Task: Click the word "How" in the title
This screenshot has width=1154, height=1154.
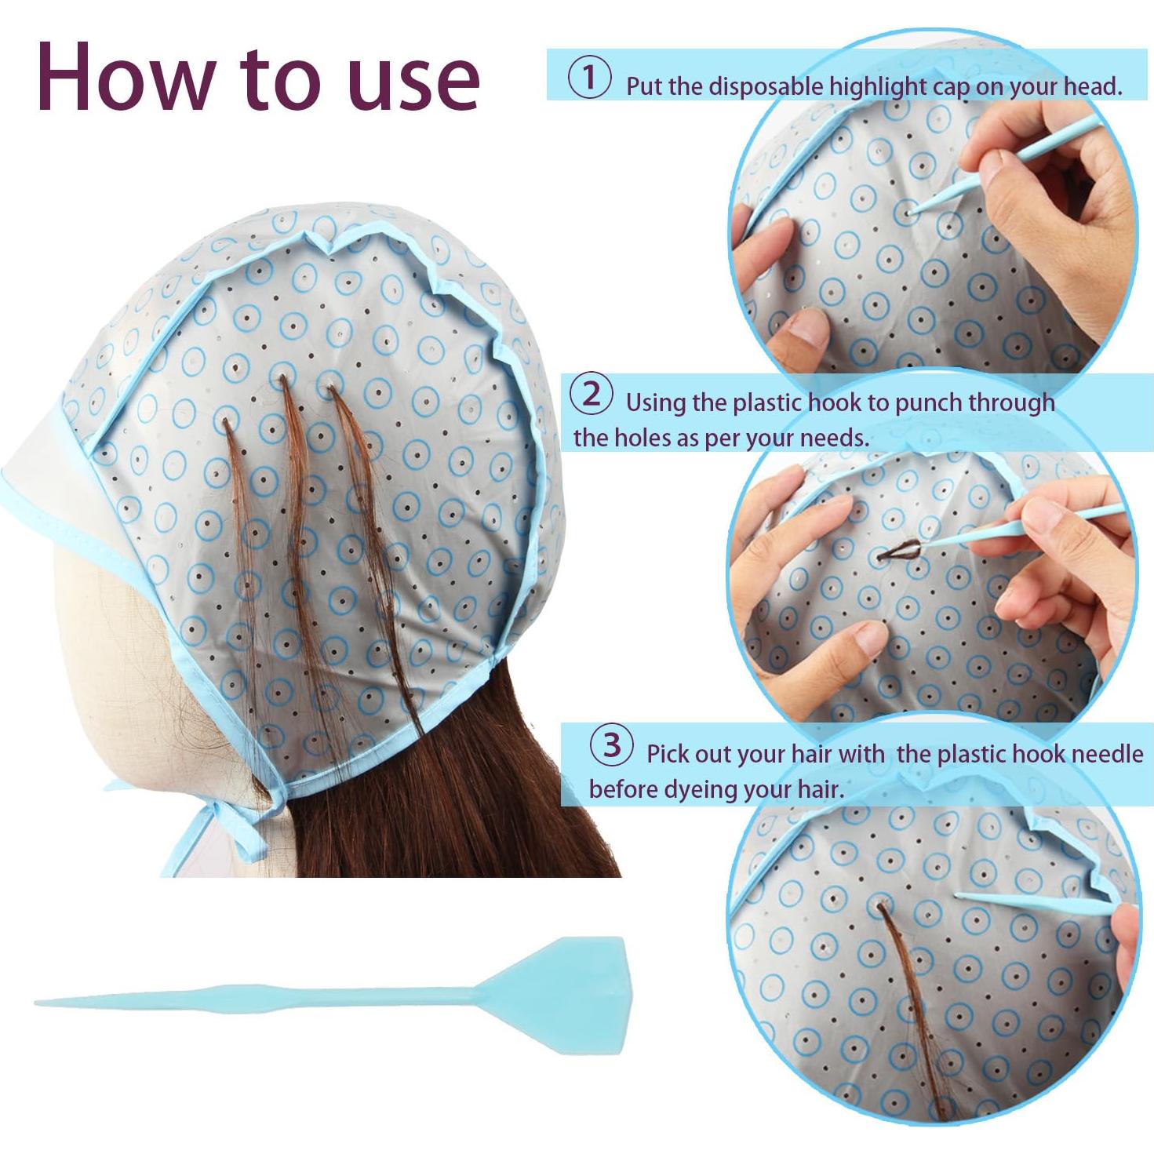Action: pyautogui.click(x=126, y=76)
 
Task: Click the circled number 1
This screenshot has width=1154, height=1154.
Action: pyautogui.click(x=588, y=79)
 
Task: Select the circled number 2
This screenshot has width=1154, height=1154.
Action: pyautogui.click(x=591, y=395)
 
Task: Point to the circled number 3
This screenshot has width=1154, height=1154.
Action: pyautogui.click(x=612, y=745)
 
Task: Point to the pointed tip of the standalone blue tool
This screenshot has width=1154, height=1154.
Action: pyautogui.click(x=41, y=1002)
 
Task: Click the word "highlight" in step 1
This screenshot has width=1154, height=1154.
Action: pyautogui.click(x=879, y=87)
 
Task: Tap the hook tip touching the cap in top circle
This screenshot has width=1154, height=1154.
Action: pyautogui.click(x=910, y=211)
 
